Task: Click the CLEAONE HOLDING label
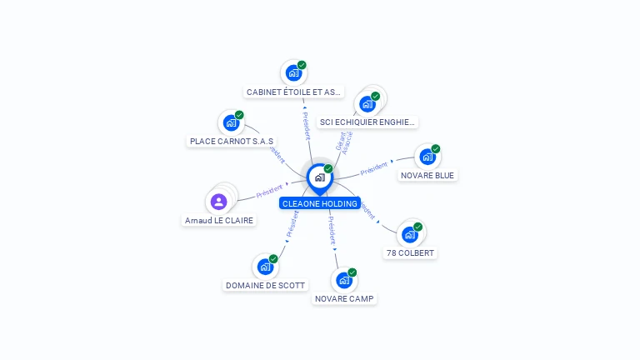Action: tap(320, 203)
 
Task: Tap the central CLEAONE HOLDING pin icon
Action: tap(319, 177)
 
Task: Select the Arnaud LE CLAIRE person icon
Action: tap(218, 202)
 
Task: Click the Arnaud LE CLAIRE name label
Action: tap(219, 221)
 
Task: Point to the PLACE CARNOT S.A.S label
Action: tap(232, 142)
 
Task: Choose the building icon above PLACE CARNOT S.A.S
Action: tap(231, 123)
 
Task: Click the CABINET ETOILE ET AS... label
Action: tap(294, 92)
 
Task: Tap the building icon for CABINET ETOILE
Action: tap(293, 73)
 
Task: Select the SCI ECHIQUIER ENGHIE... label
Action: tap(367, 122)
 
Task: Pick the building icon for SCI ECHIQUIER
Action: tap(367, 104)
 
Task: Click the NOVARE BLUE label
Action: tap(428, 175)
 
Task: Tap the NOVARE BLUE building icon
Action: tap(427, 157)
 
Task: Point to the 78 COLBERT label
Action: tap(410, 252)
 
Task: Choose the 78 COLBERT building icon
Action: tap(409, 234)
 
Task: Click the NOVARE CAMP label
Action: tap(345, 298)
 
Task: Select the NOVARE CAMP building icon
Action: tap(343, 280)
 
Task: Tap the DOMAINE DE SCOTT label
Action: tap(266, 285)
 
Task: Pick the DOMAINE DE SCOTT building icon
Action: tap(265, 267)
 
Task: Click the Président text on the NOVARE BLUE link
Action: tap(374, 168)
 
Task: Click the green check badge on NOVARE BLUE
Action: tap(436, 149)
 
